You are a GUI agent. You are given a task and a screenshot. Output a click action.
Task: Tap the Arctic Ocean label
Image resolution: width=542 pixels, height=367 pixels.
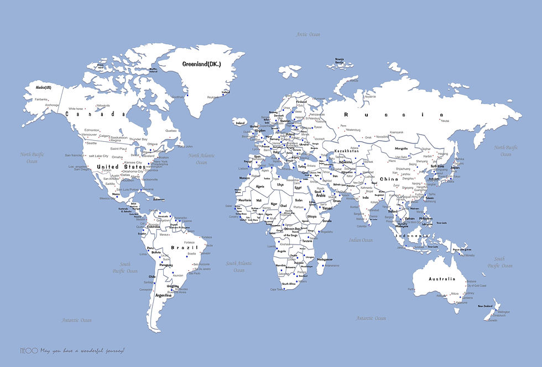(308, 34)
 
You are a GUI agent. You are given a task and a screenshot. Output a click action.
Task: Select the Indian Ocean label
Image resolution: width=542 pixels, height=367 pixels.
(361, 240)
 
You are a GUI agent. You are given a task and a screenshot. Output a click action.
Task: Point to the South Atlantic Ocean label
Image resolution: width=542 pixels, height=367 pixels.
(239, 267)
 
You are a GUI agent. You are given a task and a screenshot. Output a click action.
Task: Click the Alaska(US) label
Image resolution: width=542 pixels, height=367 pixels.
(43, 88)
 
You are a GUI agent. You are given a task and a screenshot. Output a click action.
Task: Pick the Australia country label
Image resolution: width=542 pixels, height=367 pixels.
(441, 279)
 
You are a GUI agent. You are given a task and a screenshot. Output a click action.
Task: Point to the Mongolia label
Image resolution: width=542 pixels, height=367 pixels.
(401, 148)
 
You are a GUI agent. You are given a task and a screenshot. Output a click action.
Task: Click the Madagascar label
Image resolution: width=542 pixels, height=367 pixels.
(325, 260)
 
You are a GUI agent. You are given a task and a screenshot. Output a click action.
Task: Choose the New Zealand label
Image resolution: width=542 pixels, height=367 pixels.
(485, 306)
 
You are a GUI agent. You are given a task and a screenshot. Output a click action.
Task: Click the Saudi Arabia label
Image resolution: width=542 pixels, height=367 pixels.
(320, 193)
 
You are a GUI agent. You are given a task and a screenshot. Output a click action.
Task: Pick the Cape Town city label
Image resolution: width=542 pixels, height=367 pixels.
(277, 289)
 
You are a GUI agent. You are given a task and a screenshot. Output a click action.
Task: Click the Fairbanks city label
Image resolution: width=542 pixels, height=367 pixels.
(41, 99)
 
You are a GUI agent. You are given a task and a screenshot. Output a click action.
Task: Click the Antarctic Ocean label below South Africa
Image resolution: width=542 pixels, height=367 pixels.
(371, 318)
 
